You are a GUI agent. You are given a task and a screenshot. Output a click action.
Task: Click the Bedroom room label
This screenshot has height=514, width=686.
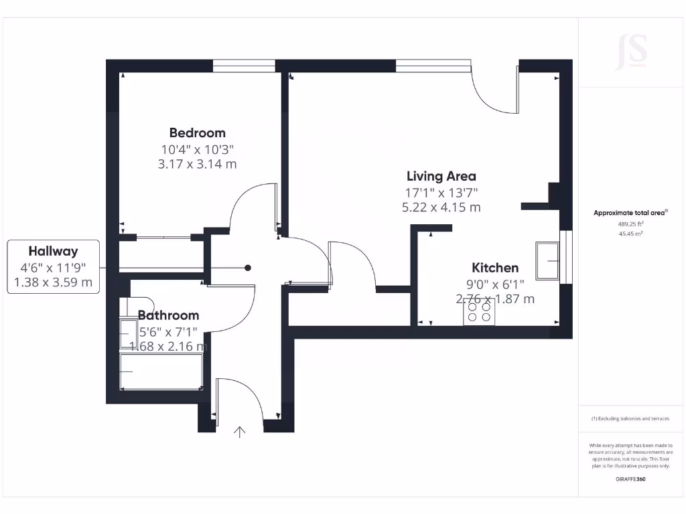pyautogui.click(x=197, y=133)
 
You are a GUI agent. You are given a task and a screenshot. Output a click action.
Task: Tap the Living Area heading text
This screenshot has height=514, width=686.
pyautogui.click(x=441, y=176)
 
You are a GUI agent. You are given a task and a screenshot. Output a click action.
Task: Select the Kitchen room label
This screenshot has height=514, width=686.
pyautogui.click(x=494, y=268)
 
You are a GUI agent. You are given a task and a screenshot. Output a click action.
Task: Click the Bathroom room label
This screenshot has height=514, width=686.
pyautogui.click(x=168, y=315)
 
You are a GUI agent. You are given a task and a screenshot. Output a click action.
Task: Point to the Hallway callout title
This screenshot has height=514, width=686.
pyautogui.click(x=53, y=252)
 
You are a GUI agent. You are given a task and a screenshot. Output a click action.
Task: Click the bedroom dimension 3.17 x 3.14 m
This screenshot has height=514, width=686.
pyautogui.click(x=197, y=164)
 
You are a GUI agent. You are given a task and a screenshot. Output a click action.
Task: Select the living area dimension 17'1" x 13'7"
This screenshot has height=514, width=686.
pyautogui.click(x=441, y=192)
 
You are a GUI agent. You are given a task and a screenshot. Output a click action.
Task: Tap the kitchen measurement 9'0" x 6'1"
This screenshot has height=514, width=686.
pyautogui.click(x=494, y=284)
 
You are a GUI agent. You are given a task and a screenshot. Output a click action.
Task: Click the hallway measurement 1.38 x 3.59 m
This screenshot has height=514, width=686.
pyautogui.click(x=53, y=282)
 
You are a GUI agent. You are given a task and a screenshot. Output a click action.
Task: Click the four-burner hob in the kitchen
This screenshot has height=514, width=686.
pyautogui.click(x=479, y=312)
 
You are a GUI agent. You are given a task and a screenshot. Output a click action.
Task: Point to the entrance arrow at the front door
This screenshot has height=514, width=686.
pyautogui.click(x=239, y=432)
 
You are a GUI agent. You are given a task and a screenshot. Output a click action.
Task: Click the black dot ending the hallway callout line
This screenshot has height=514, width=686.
pyautogui.click(x=248, y=268)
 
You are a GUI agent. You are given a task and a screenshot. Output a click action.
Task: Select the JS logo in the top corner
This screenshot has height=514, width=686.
pyautogui.click(x=631, y=52)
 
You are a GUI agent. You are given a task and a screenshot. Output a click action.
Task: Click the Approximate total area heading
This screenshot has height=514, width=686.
pyautogui.click(x=630, y=213)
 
